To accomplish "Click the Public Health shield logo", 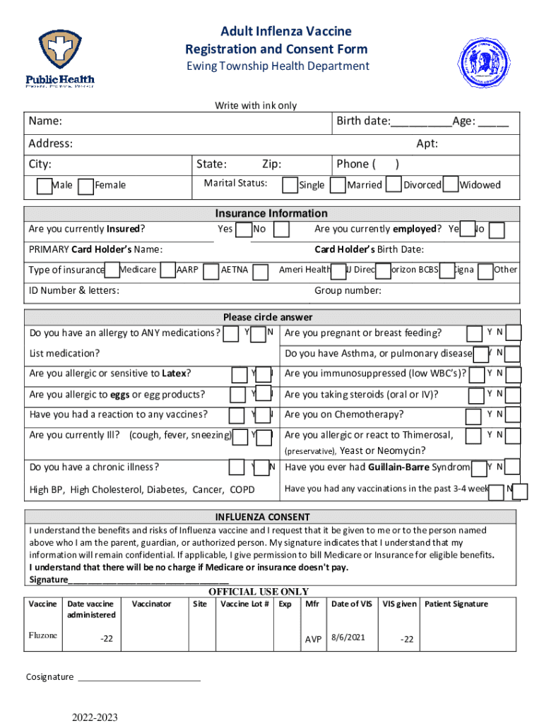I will [x=60, y=51].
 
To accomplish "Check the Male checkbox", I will [x=44, y=186].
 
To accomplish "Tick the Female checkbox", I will [x=85, y=186].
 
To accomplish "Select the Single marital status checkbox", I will [x=290, y=184].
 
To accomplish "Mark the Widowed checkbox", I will [x=451, y=184].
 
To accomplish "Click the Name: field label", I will [x=45, y=121].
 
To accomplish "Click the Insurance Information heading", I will [x=271, y=213].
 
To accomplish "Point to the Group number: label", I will [x=348, y=291].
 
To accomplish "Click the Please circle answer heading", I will [x=268, y=317].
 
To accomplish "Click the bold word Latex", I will [x=174, y=373].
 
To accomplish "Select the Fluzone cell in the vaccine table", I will [x=42, y=635].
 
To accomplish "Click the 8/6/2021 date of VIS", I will [x=348, y=638].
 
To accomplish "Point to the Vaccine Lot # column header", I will [x=244, y=604].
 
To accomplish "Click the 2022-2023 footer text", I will [x=94, y=717].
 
